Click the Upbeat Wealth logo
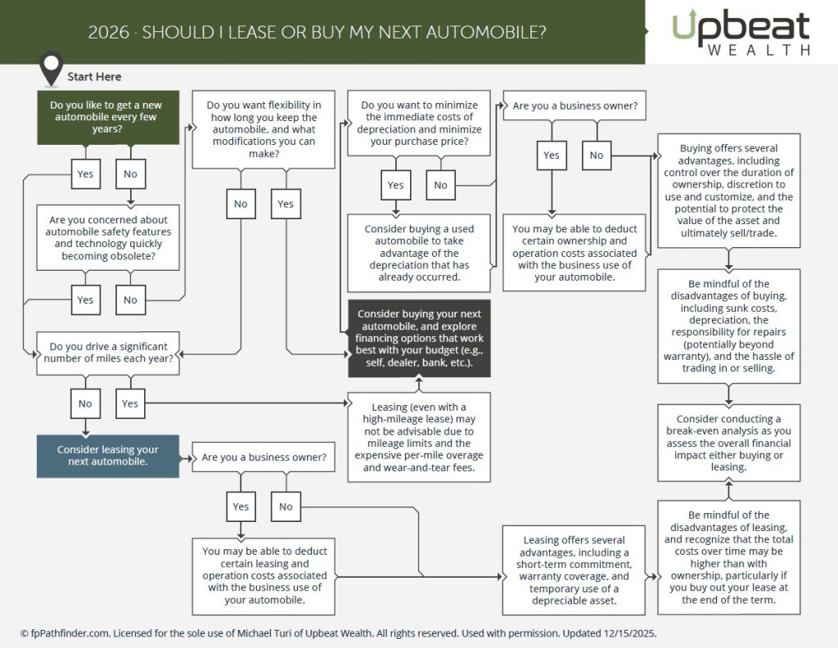[741, 32]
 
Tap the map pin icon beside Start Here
[52, 67]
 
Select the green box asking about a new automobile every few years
[108, 117]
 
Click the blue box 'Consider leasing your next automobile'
[108, 456]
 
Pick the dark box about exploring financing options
[419, 338]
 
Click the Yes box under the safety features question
[85, 299]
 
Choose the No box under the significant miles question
[85, 403]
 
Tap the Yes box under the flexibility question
[286, 204]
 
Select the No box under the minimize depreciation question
[440, 185]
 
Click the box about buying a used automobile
[419, 253]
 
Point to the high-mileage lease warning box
[419, 438]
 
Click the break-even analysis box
[729, 443]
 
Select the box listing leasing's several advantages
[574, 570]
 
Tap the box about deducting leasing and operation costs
[264, 576]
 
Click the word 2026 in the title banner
[109, 32]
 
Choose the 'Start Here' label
[94, 77]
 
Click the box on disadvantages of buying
[729, 326]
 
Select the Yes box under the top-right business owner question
[552, 155]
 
